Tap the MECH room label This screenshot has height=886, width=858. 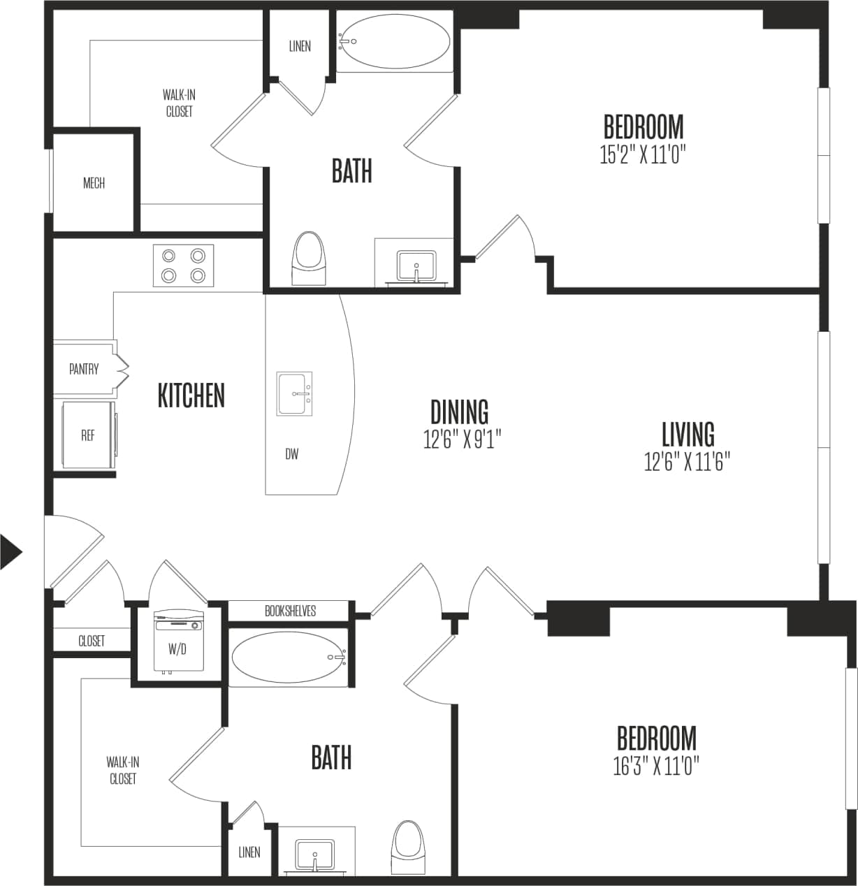(94, 183)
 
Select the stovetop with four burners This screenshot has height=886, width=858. (183, 266)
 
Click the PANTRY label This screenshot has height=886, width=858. (84, 369)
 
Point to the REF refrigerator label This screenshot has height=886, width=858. (87, 435)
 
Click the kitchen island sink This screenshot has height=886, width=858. (294, 394)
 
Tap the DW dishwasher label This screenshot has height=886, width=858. (292, 454)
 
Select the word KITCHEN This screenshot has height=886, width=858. (191, 395)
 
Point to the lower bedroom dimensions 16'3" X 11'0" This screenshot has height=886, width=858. (655, 767)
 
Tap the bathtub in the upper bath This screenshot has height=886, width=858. (395, 42)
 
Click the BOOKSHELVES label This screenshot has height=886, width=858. (290, 611)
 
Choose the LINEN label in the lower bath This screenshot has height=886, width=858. (249, 852)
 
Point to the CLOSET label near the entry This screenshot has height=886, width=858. (92, 641)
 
